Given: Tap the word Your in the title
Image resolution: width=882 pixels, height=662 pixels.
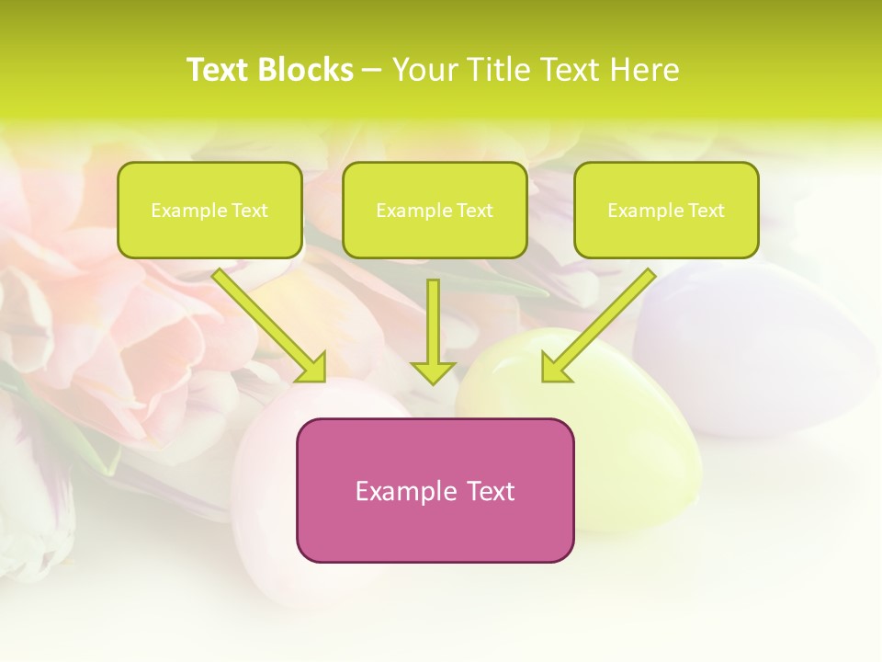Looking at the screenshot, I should [x=426, y=70].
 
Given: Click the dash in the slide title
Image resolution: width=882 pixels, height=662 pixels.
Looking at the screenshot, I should [x=372, y=71].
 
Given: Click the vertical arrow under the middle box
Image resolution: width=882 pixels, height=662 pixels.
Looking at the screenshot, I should [x=433, y=322].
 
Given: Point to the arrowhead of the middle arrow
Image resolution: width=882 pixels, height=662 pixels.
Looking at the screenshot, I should [x=433, y=372].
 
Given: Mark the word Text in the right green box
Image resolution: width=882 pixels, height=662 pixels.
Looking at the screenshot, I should [x=707, y=211].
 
